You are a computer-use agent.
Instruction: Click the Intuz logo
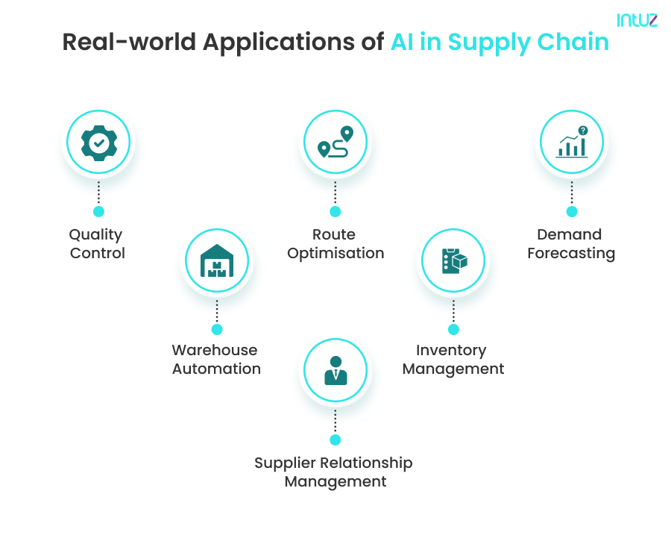point(637,20)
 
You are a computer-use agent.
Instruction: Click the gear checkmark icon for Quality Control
point(98,142)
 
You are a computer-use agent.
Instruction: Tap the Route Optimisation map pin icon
point(335,142)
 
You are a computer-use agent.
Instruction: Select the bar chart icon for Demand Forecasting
point(572,142)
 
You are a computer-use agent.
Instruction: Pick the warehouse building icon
point(217,260)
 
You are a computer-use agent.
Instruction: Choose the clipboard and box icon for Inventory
point(453,260)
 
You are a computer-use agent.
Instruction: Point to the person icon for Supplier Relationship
point(335,371)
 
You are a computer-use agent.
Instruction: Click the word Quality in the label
point(95,235)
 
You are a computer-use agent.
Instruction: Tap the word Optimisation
point(335,254)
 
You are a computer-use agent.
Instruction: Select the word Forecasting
point(571,254)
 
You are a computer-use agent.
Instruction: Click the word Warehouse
point(215,350)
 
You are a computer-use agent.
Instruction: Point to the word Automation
point(217,369)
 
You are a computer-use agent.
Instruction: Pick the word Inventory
point(451,350)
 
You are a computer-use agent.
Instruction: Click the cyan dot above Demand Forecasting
point(572,211)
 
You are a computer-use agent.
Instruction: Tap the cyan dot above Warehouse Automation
point(217,329)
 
